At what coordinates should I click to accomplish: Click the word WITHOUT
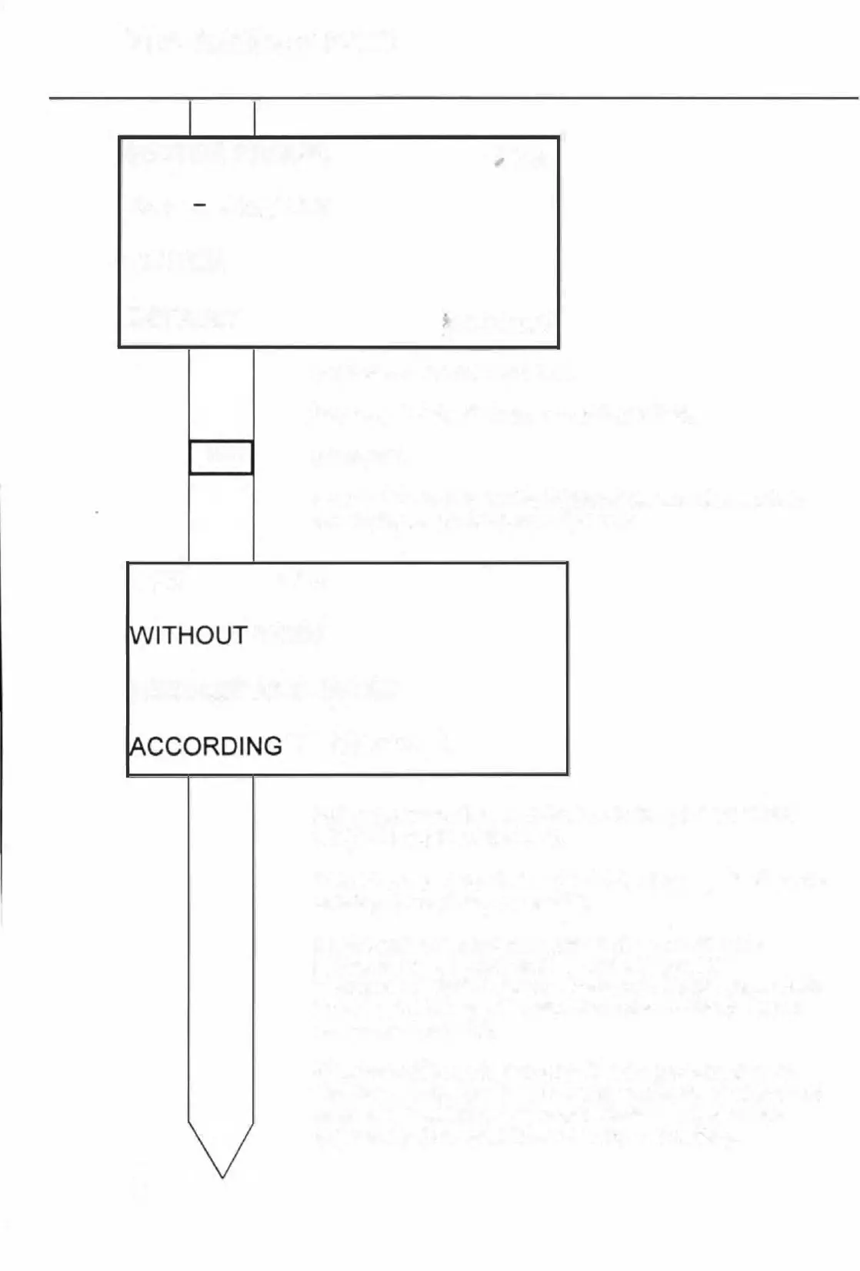[x=189, y=635]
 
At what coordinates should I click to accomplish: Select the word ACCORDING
[x=207, y=746]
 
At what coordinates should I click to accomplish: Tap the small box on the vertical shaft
[x=222, y=457]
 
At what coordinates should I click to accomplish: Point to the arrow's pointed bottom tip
[x=222, y=1176]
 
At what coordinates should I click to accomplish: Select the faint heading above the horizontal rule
[x=262, y=40]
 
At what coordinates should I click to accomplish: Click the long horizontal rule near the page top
[x=454, y=99]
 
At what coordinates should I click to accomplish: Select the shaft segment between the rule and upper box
[x=222, y=118]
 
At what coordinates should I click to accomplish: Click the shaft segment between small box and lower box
[x=222, y=517]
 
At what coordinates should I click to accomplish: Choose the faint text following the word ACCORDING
[x=369, y=745]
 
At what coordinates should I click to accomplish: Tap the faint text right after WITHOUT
[x=285, y=634]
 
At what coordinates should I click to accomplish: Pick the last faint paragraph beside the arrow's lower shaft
[x=569, y=1103]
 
